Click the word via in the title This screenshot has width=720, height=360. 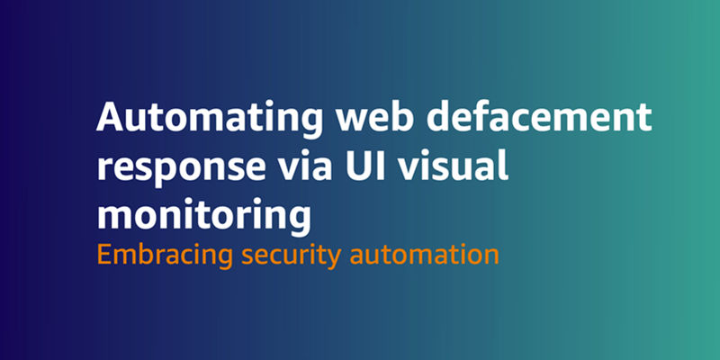click(284, 167)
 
